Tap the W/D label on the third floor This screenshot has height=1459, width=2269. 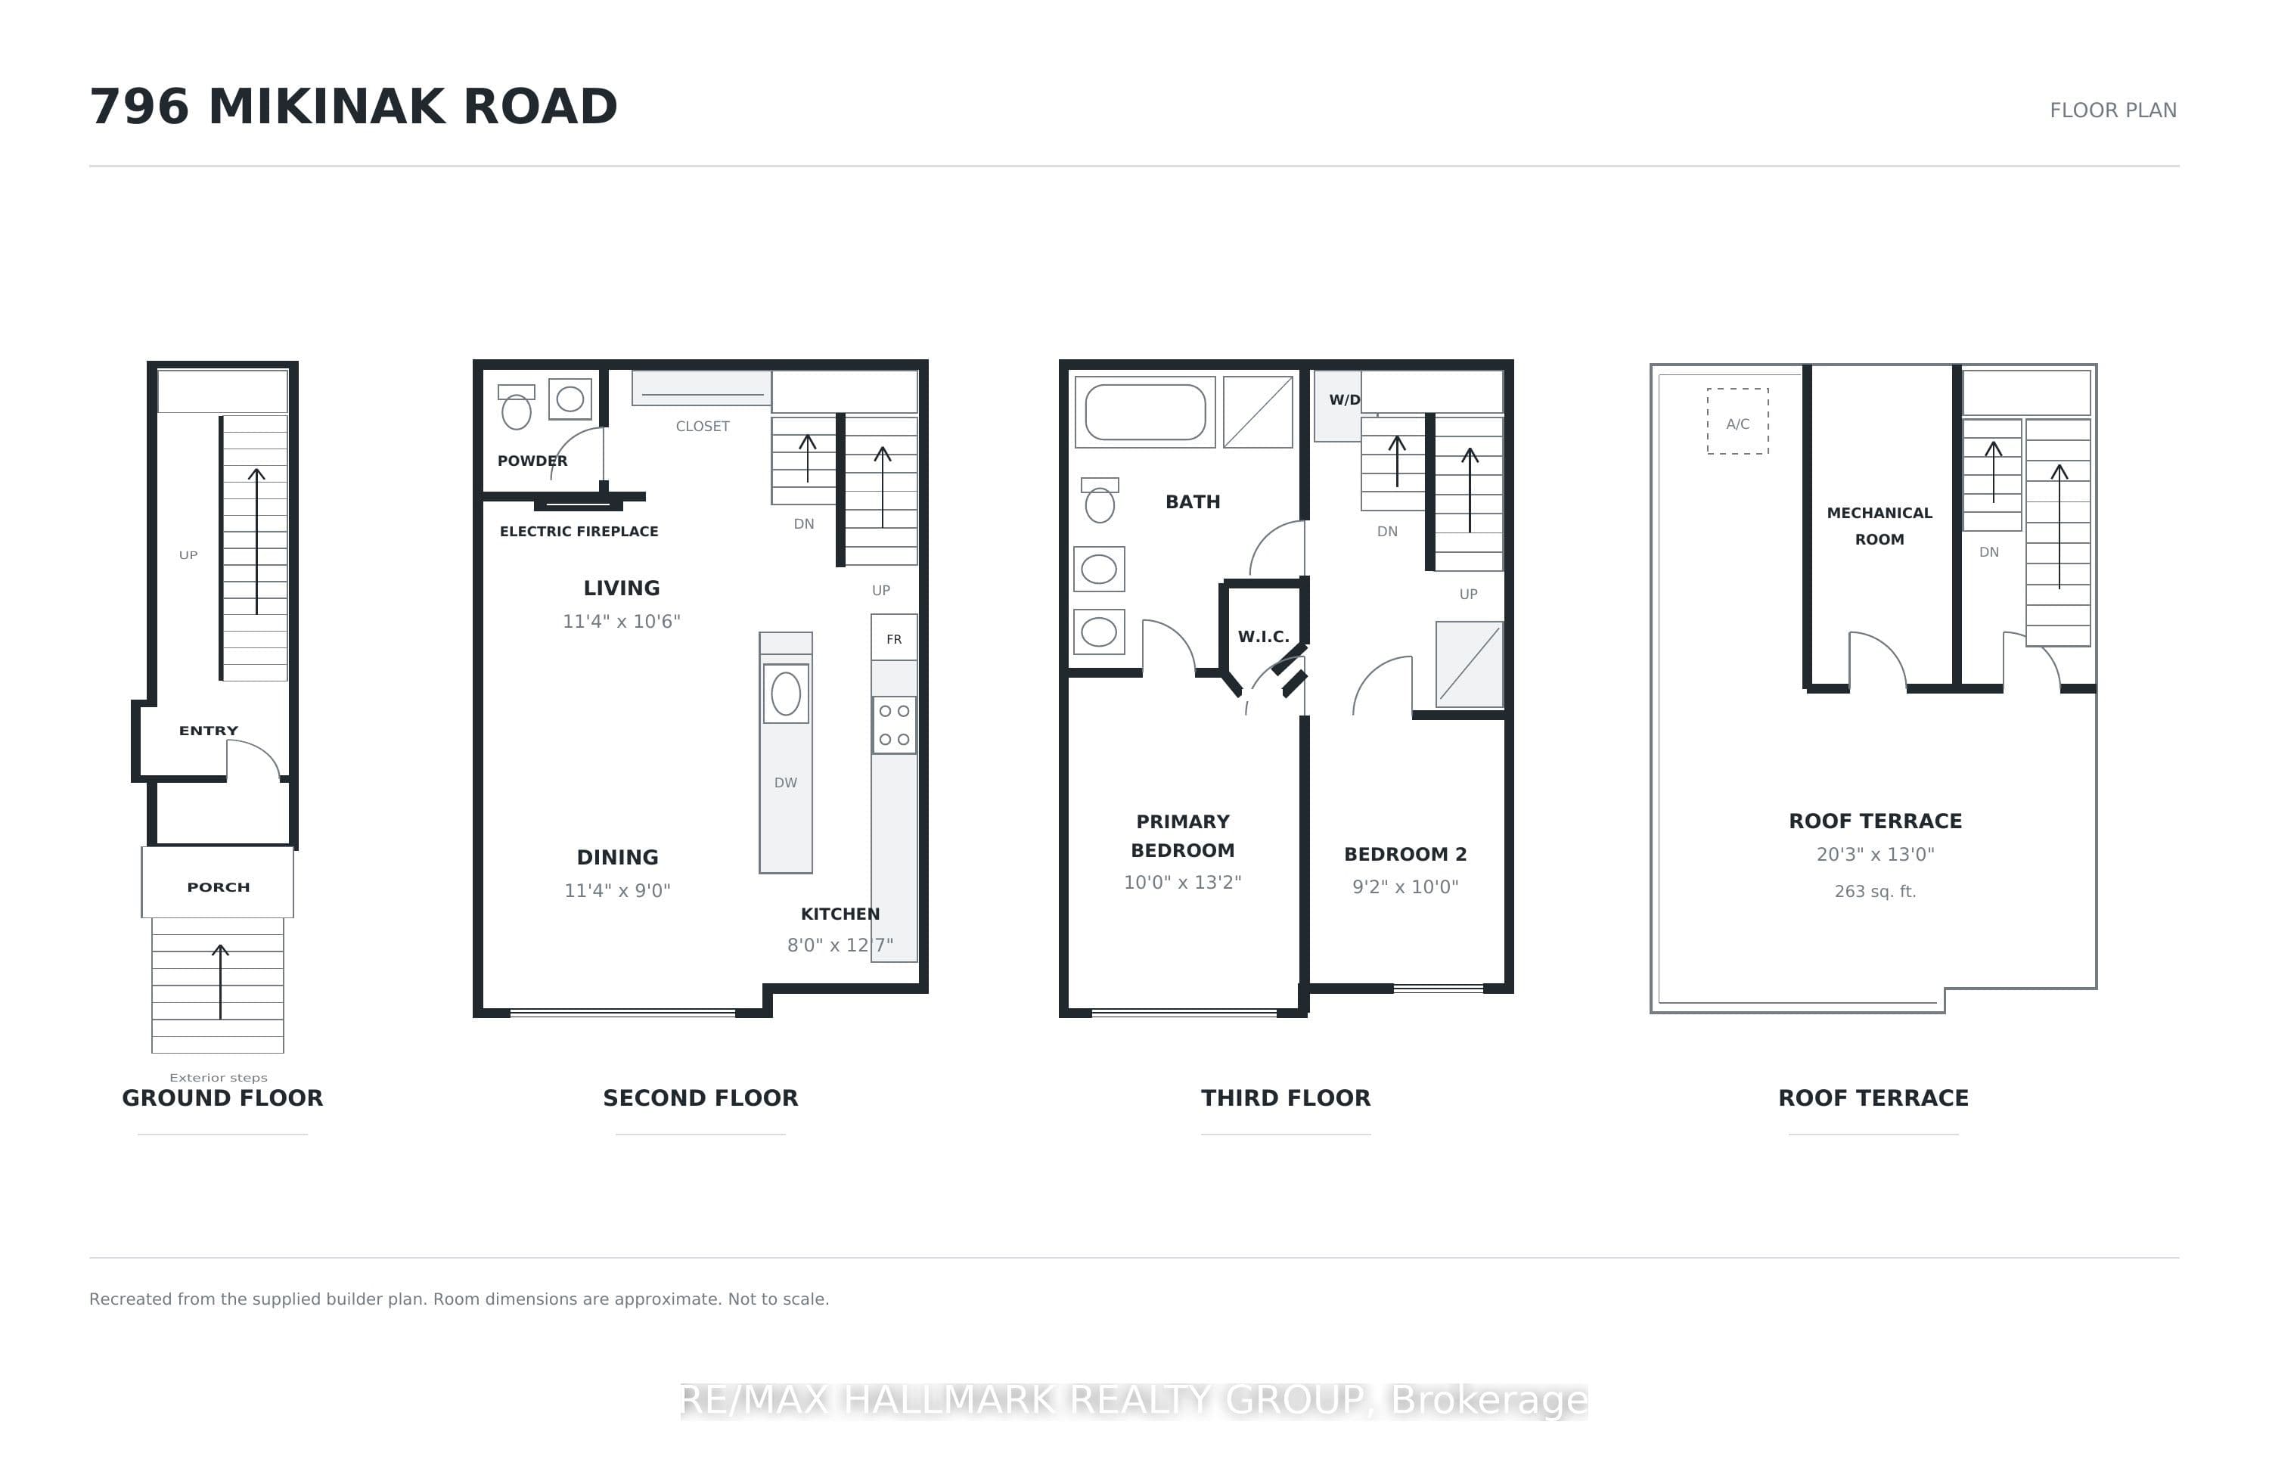(x=1344, y=400)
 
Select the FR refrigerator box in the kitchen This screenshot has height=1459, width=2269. (x=893, y=638)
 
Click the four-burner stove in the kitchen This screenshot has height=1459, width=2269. (x=894, y=725)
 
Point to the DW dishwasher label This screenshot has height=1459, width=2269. (x=785, y=783)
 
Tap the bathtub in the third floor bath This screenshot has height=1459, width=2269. (x=1145, y=412)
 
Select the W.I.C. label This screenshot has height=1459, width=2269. (x=1264, y=637)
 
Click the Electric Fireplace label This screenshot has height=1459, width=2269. (x=579, y=532)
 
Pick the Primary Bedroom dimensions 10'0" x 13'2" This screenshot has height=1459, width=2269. (x=1182, y=882)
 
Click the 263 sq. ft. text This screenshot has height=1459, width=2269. (x=1875, y=892)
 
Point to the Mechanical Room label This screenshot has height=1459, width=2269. (x=1879, y=526)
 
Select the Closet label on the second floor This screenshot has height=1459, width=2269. (x=703, y=427)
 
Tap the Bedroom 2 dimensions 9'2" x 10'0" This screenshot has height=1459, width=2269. (x=1405, y=886)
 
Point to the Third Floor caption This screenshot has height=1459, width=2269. (x=1286, y=1098)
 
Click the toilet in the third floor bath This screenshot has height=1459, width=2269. (x=1100, y=500)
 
